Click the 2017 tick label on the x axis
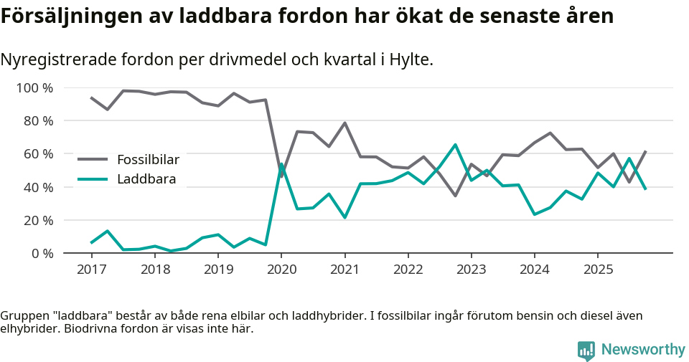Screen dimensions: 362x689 91,270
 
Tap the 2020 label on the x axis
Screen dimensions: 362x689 281,270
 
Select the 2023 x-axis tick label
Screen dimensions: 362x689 472,270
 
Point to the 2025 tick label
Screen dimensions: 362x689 598,270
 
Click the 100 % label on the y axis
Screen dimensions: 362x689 35,88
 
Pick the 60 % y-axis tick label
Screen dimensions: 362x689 38,154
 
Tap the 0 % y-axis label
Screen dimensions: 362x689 42,253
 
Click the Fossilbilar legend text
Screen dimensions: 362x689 148,159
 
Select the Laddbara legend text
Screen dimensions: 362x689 146,179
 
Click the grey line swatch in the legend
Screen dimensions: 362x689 93,159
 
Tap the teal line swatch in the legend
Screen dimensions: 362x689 93,179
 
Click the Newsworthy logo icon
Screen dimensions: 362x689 586,351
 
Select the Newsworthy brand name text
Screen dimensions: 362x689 643,350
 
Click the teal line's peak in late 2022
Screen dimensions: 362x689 455,145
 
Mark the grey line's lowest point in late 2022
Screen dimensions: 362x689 455,196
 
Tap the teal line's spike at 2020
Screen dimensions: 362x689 281,164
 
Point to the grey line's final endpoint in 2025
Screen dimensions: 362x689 645,151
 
